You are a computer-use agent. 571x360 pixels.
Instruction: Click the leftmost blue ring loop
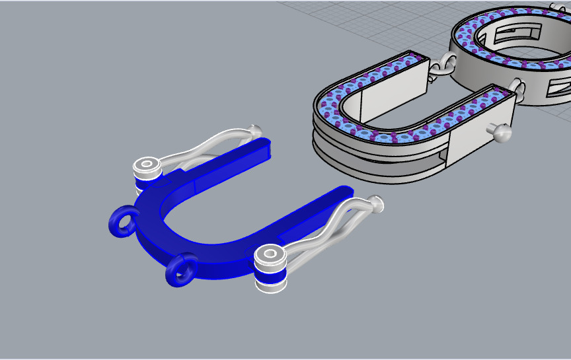point(122,221)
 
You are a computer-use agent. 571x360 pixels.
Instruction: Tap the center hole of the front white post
point(270,253)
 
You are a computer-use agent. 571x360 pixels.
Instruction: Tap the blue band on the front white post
point(270,271)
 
